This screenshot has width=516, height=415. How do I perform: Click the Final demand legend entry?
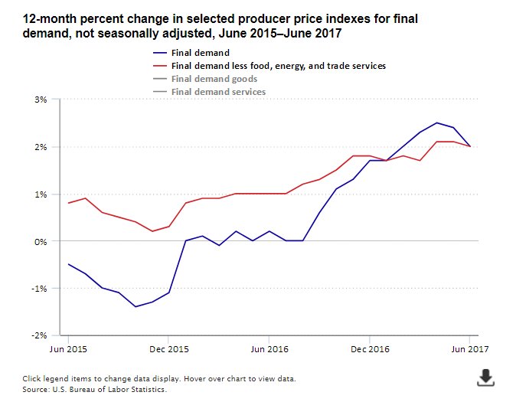201,53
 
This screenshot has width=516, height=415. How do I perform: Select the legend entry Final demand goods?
214,79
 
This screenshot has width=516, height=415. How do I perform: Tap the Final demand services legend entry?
218,92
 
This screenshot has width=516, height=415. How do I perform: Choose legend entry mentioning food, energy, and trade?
279,66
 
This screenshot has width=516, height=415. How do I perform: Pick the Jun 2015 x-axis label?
68,348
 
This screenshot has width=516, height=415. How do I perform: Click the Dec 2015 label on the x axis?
168,348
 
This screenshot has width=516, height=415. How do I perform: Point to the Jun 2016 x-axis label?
269,348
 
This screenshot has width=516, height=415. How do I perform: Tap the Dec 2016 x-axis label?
369,348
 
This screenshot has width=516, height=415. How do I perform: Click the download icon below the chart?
485,377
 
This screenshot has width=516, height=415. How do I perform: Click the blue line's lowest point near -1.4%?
136,307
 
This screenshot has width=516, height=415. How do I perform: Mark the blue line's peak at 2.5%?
436,123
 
